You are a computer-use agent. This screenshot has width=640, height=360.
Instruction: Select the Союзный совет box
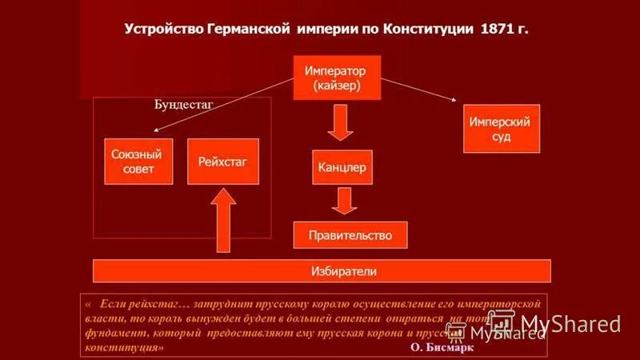pyautogui.click(x=138, y=162)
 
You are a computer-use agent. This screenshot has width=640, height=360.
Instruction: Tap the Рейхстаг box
pyautogui.click(x=223, y=162)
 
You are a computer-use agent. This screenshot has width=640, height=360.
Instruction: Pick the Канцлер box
pyautogui.click(x=342, y=168)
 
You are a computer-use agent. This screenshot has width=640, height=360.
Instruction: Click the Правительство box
pyautogui.click(x=350, y=235)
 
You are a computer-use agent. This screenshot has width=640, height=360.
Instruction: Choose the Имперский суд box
pyautogui.click(x=502, y=129)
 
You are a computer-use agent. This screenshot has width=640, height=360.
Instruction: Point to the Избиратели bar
pyautogui.click(x=322, y=271)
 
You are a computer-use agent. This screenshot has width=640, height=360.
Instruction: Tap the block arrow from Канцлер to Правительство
pyautogui.click(x=344, y=201)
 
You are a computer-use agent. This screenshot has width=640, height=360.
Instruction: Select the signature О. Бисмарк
pyautogui.click(x=442, y=348)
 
